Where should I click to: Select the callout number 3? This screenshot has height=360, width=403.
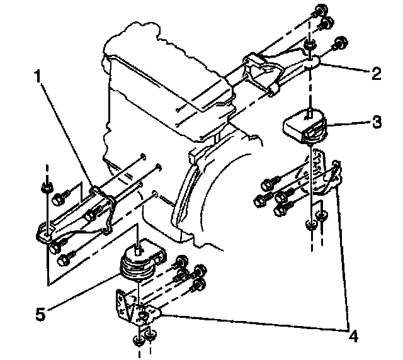click(x=376, y=122)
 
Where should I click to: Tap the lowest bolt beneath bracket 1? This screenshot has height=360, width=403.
click(x=64, y=258)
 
